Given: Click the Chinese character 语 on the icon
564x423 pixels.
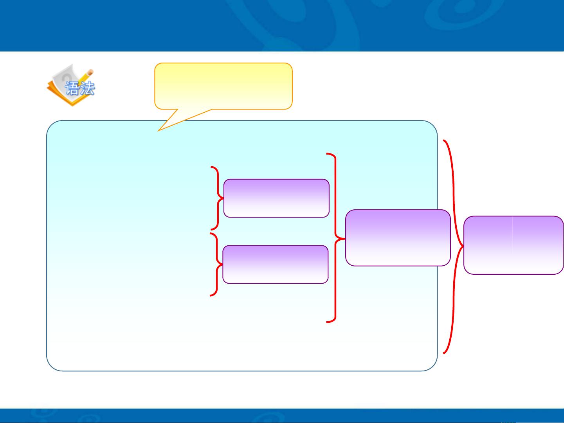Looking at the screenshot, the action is (x=72, y=88).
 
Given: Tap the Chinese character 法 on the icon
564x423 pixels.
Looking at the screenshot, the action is (x=87, y=88).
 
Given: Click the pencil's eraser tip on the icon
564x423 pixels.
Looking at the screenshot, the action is (x=90, y=72).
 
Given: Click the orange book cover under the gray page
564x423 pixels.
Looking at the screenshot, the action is (x=59, y=95).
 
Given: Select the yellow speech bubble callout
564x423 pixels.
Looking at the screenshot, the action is (x=223, y=86).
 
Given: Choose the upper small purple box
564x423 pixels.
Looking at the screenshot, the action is (x=276, y=198).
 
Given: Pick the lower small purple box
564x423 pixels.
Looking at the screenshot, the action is (x=276, y=264).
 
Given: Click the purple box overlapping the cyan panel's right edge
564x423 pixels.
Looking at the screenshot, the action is (x=398, y=238).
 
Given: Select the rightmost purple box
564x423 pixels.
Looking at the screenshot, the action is (x=514, y=245).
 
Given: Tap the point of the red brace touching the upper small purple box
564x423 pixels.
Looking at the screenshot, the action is (x=223, y=198).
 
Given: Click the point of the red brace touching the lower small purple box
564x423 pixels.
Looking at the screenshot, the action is (x=222, y=264).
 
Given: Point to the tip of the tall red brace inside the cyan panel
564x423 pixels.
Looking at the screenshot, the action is (x=344, y=239).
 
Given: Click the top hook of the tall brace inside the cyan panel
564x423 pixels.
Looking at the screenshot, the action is (x=327, y=154).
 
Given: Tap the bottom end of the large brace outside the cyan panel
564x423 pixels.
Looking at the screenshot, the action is (x=444, y=353).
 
